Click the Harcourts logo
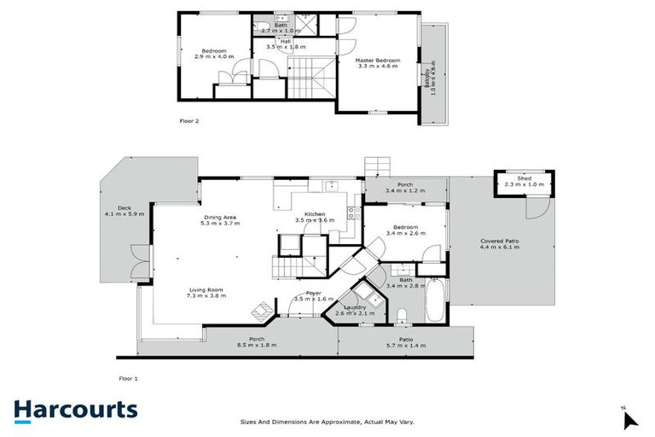point(75,410)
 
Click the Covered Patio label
point(500,242)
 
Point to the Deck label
point(125,208)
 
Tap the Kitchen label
point(316,213)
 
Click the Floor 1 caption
point(128,377)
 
